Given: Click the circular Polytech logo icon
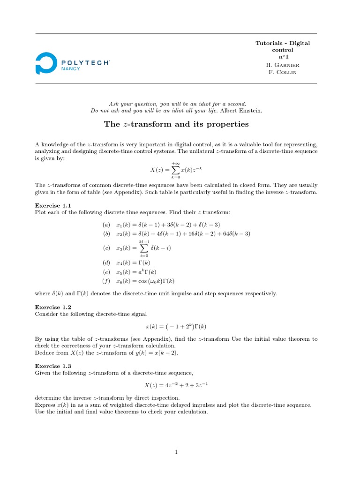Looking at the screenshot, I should click(x=46, y=63).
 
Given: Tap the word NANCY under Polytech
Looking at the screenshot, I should click(x=71, y=68).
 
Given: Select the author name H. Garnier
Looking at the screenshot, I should click(x=282, y=65).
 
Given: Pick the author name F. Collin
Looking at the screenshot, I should click(x=282, y=73).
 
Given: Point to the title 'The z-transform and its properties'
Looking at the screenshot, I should click(x=176, y=124).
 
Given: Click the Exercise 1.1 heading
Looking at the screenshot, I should click(x=53, y=205).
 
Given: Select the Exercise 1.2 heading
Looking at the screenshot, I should click(x=53, y=307).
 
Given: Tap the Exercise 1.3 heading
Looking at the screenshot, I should click(x=53, y=366).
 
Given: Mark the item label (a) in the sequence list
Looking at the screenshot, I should click(x=106, y=225).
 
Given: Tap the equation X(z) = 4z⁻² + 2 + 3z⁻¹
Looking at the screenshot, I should click(x=176, y=385).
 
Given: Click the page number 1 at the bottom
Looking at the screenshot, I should click(x=176, y=452).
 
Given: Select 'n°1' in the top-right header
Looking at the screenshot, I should click(x=282, y=57).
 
